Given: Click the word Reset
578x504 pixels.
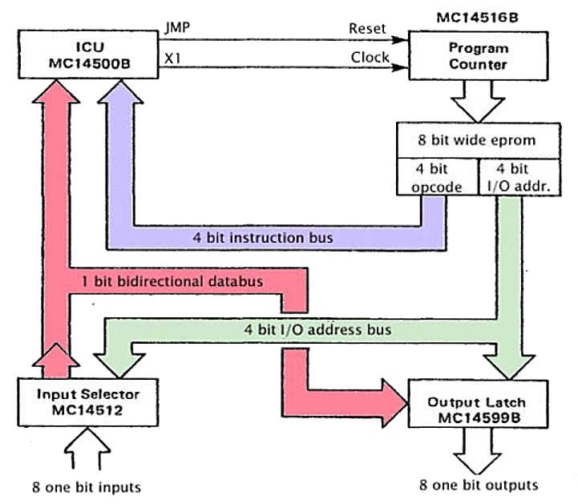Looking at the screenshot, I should (x=367, y=28).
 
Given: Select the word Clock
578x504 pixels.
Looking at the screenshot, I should (x=370, y=58).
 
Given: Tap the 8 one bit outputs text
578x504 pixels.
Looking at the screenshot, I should (x=478, y=486).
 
